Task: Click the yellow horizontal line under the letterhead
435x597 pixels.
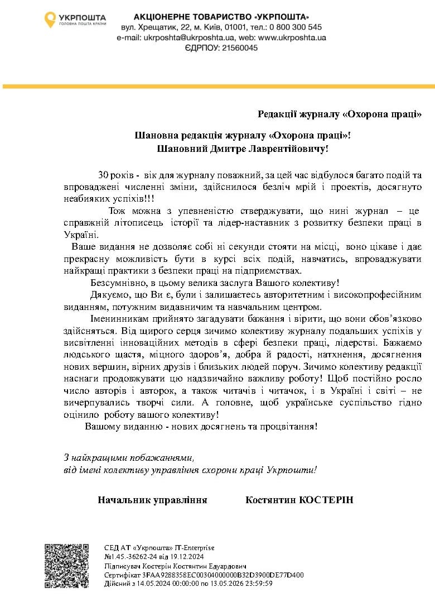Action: (217, 87)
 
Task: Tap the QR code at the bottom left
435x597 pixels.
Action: (66, 565)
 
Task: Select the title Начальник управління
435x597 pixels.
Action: (152, 500)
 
